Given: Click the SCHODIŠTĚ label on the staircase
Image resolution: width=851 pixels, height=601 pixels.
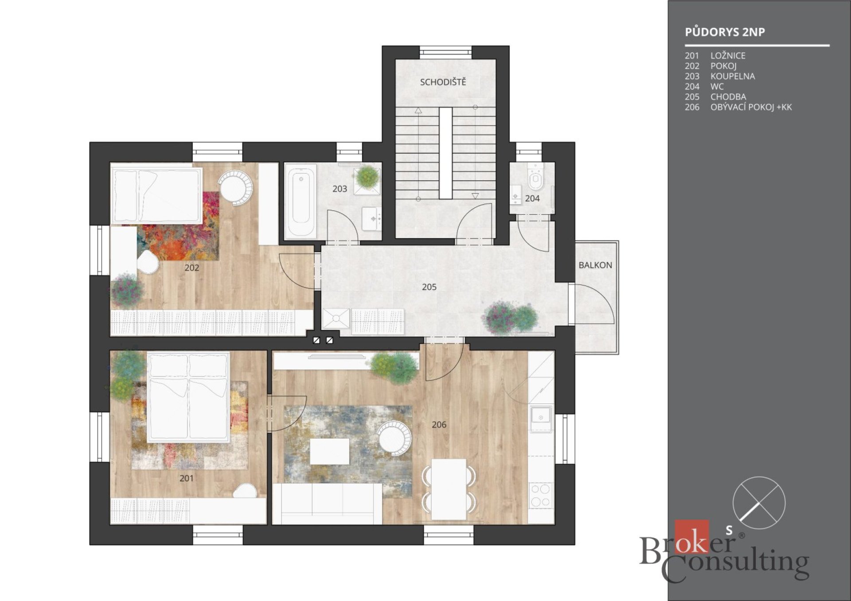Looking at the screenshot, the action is [x=443, y=82].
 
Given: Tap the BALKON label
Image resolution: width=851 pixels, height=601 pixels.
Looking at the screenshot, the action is [x=595, y=265].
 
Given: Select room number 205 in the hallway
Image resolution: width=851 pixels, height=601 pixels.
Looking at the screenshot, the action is [x=429, y=287].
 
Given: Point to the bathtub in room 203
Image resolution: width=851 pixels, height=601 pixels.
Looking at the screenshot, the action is [x=301, y=201].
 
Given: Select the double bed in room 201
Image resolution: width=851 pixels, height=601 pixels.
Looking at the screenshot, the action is [x=189, y=397].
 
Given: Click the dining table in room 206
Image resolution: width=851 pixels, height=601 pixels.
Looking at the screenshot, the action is [x=449, y=489].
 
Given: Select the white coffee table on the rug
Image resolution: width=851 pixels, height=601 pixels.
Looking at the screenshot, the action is [x=329, y=451].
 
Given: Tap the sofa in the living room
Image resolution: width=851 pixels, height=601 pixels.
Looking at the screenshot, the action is [x=327, y=504].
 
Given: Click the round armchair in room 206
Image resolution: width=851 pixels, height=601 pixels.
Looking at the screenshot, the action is [x=394, y=438].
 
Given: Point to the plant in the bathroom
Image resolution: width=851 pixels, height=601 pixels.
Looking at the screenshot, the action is [x=367, y=177].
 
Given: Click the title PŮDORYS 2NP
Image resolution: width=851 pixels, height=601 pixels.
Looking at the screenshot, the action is [x=725, y=32].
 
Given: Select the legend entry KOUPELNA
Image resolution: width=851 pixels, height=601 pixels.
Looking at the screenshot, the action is [x=733, y=76].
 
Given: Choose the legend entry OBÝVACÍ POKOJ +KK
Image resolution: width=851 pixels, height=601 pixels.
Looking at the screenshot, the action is [x=751, y=107].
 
